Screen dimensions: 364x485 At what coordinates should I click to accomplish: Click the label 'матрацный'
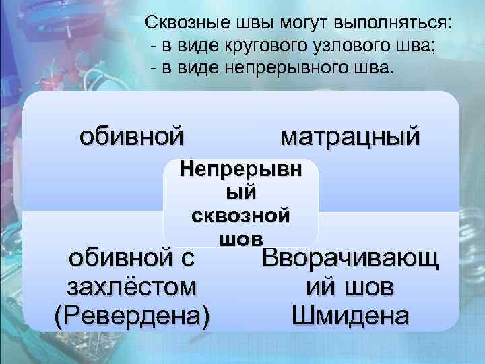click(x=350, y=137)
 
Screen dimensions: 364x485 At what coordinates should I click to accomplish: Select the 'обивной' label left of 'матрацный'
click(x=131, y=137)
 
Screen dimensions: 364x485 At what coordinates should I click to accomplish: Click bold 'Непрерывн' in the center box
click(x=240, y=170)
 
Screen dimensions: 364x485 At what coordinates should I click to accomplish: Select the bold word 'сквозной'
click(x=240, y=216)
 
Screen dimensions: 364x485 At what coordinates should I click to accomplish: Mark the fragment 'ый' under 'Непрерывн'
click(x=240, y=193)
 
